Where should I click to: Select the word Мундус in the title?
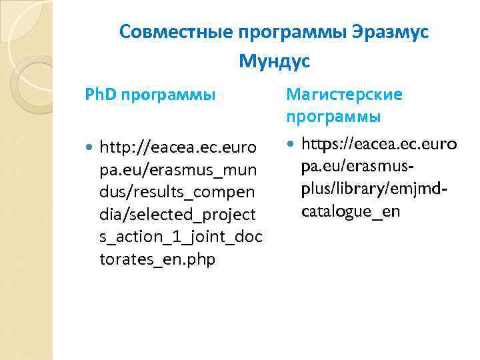click(275, 62)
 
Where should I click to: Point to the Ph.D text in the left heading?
click(101, 95)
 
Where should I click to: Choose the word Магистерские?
click(344, 95)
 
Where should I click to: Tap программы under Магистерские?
click(333, 117)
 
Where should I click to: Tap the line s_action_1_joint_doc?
click(181, 237)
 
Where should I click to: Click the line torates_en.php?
click(157, 259)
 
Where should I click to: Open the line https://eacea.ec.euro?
click(379, 144)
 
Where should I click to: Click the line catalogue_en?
click(351, 212)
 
